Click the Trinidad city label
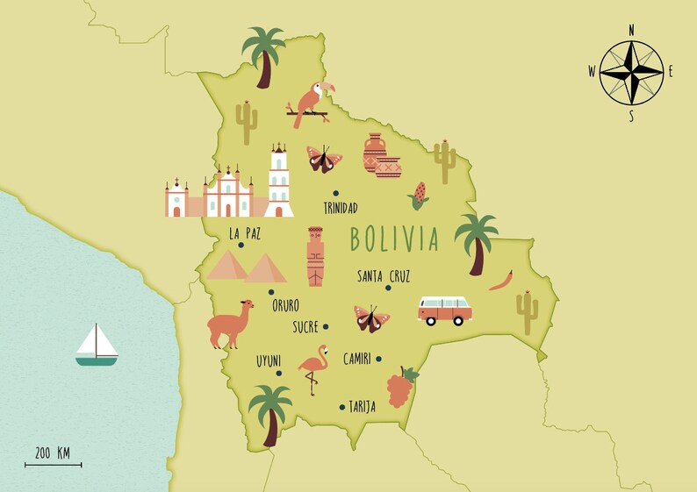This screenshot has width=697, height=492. point(341,208)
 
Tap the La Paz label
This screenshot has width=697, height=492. point(244,234)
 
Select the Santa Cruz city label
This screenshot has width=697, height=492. point(384,275)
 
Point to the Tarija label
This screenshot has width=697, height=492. point(362,407)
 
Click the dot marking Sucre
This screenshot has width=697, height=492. point(326,326)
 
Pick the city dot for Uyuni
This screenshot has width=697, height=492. point(279,374)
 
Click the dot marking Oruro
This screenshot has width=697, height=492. point(271,292)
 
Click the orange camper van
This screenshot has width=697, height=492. point(444,310)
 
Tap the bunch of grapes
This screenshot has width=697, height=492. point(399,387)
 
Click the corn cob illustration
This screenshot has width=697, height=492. point(419,195)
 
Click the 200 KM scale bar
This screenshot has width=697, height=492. point(53,464)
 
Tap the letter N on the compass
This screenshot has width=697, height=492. point(631,30)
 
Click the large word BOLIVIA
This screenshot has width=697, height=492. point(394,238)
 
